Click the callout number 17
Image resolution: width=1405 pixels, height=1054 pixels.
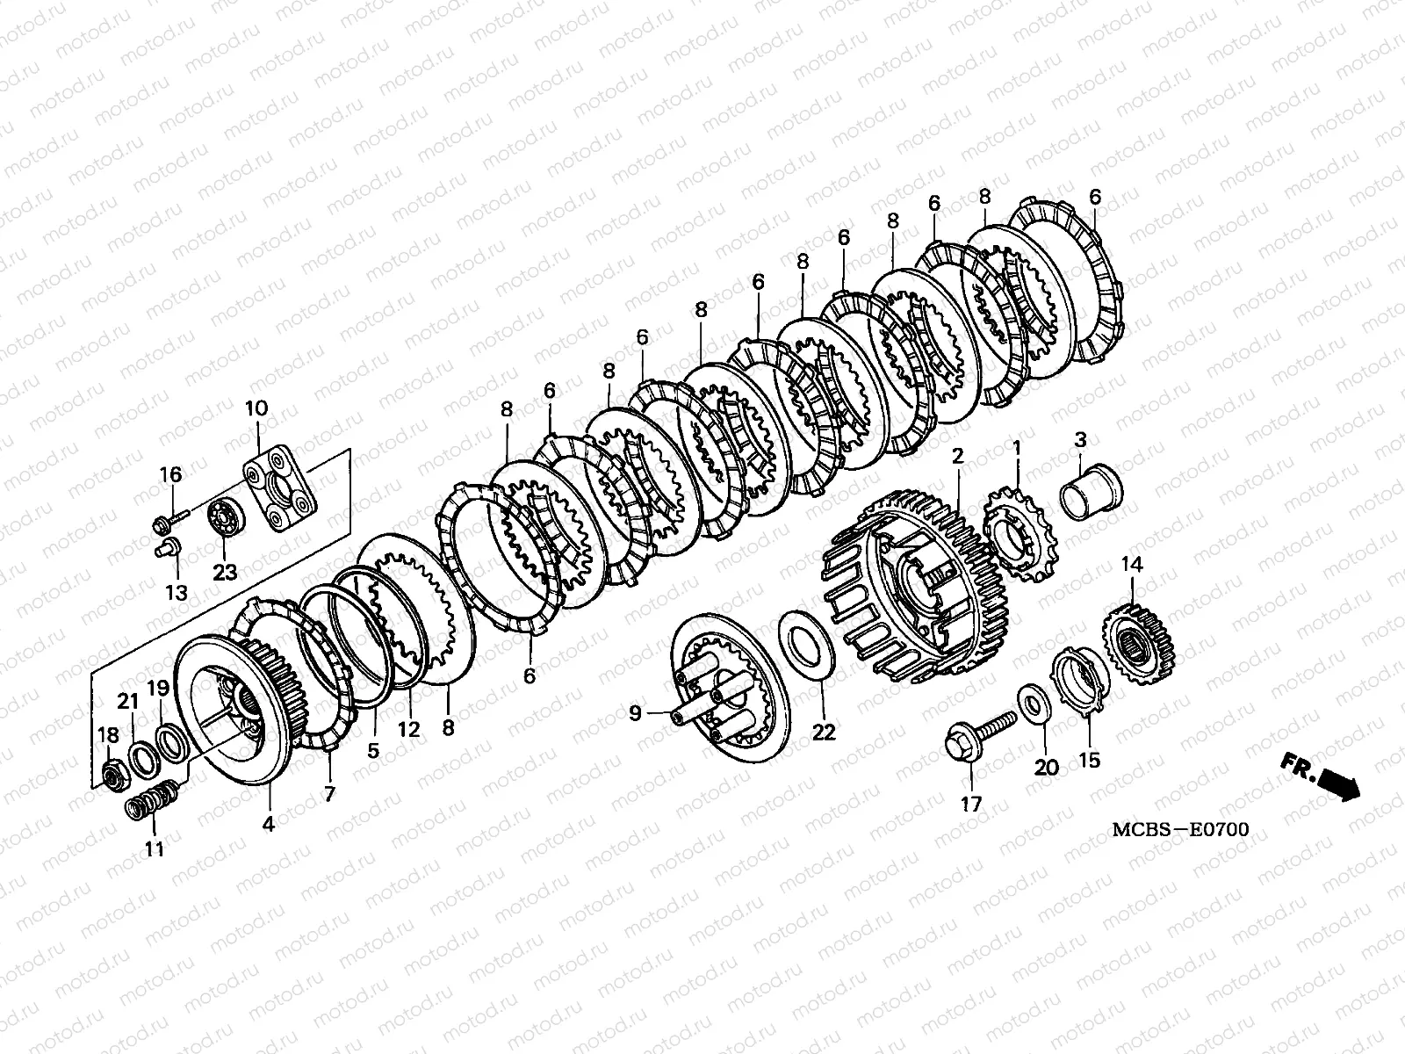coord(971,805)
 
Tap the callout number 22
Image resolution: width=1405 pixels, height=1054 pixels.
coord(823,733)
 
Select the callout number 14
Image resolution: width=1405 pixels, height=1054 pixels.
coord(1132,565)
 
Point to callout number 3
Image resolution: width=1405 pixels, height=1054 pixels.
coord(1080,440)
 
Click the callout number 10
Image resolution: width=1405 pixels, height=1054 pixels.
coord(256,408)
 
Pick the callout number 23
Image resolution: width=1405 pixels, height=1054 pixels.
coord(225,572)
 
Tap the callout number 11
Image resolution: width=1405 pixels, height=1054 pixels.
coord(154,849)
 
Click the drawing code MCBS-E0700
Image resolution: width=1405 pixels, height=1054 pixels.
coord(1180,829)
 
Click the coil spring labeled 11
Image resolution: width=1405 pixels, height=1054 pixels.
coord(151,800)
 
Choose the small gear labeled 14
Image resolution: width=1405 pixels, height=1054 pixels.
coord(1139,647)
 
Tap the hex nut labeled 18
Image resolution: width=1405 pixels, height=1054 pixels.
coord(117,777)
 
